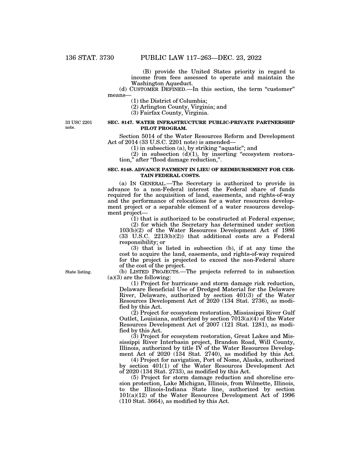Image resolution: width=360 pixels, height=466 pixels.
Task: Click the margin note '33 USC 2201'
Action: [x=79, y=123]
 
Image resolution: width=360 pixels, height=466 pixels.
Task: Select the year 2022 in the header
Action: [x=252, y=58]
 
